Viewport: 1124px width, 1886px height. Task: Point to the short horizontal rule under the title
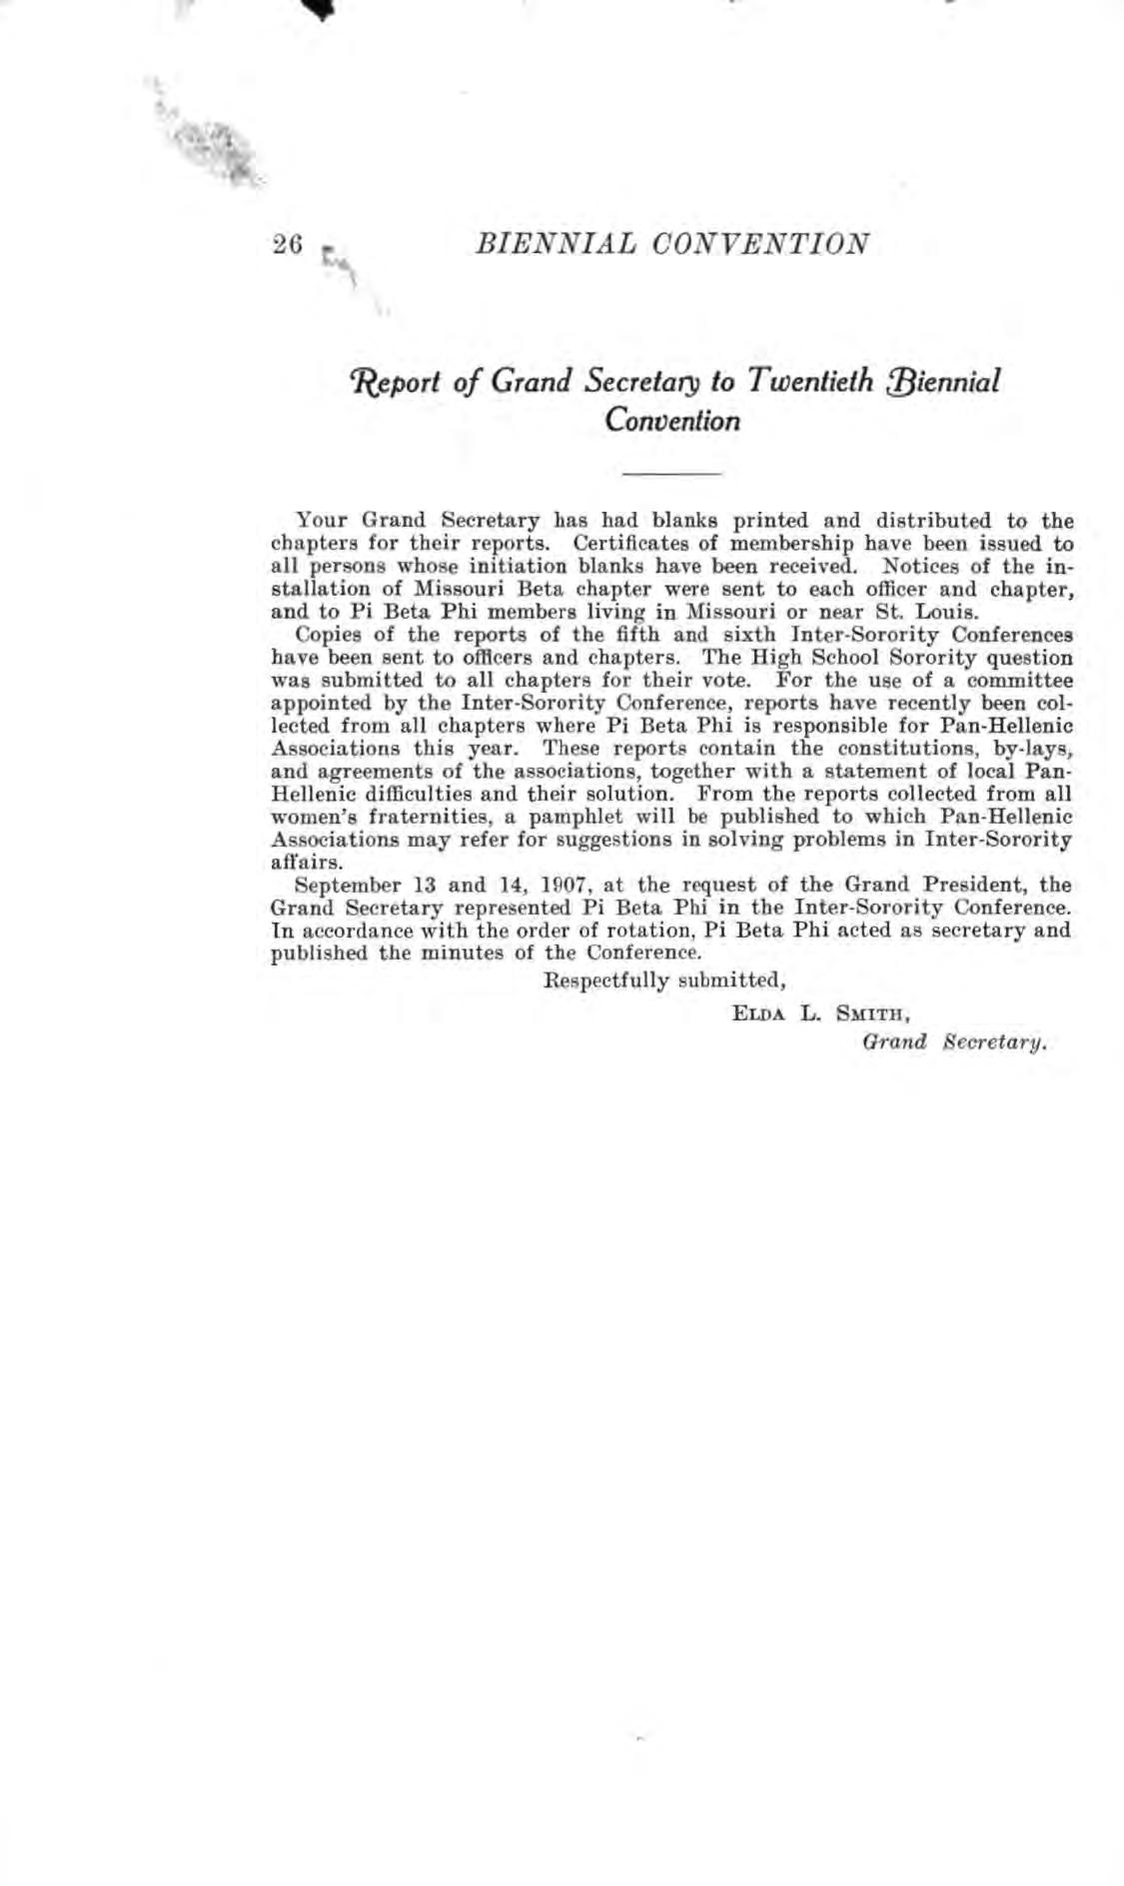coord(671,472)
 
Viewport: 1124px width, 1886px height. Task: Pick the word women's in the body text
coord(308,818)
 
